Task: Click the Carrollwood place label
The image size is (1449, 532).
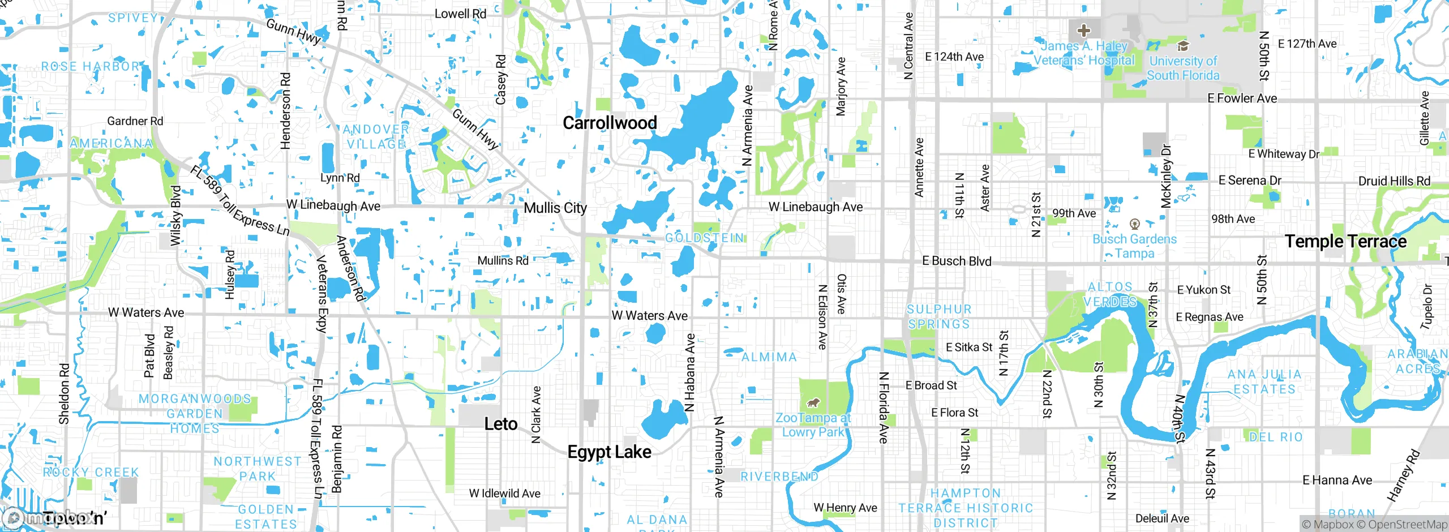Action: [610, 123]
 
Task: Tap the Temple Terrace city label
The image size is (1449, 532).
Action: [1345, 242]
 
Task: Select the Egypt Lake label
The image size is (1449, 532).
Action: [609, 452]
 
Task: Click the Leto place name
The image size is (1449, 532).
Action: [500, 424]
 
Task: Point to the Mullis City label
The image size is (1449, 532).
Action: [555, 208]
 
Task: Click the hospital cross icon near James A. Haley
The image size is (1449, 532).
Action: [1083, 30]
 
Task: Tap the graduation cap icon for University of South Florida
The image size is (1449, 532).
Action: [1182, 46]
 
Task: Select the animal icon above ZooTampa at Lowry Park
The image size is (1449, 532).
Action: [813, 403]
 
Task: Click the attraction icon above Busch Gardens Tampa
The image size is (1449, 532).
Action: [1134, 224]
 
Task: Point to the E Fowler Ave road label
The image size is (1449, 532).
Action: [1242, 98]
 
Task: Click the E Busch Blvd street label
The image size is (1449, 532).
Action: [957, 261]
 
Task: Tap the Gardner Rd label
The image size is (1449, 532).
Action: [135, 121]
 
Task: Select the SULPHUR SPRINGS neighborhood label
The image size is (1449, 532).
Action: [938, 317]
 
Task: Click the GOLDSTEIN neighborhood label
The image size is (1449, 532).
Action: [704, 238]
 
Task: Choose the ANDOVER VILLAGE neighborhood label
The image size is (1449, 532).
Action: [376, 137]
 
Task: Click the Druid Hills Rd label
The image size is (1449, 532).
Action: [1394, 181]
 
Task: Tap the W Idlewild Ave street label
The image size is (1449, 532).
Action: [504, 494]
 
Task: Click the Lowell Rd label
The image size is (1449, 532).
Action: [460, 14]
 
